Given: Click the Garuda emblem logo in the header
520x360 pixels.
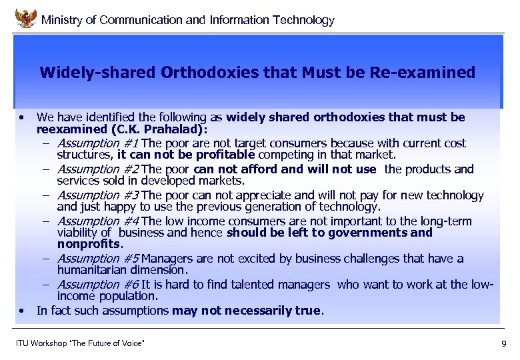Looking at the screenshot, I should click(x=26, y=17).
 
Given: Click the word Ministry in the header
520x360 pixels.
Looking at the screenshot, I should click(x=63, y=20).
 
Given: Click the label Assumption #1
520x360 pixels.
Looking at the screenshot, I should click(x=98, y=143).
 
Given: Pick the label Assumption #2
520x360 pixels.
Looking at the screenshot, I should click(x=98, y=169).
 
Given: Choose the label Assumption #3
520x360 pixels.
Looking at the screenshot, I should click(x=98, y=195).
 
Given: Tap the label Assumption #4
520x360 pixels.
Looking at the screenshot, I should click(x=98, y=221).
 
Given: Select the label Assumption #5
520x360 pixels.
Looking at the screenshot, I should click(x=98, y=258).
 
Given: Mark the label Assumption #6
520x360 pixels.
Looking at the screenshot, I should click(x=98, y=284).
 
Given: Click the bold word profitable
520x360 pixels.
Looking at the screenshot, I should click(x=194, y=155).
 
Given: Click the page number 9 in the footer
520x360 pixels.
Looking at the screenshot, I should click(x=503, y=343).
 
